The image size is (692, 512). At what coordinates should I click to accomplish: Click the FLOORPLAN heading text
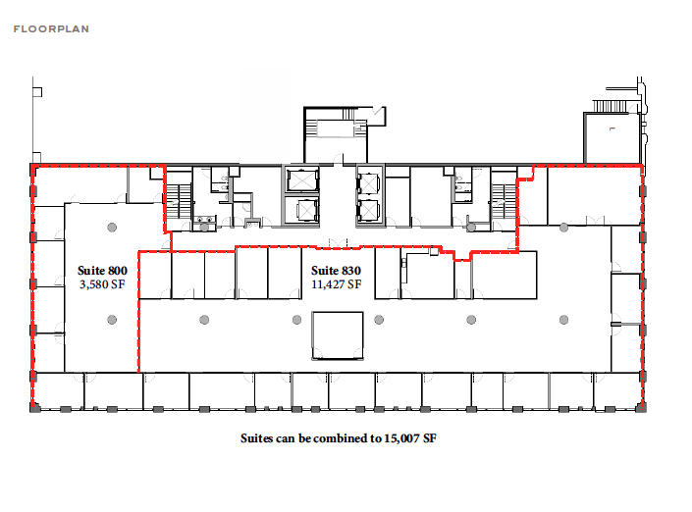pos(51,29)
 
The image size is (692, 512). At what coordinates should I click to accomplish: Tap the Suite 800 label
pos(102,270)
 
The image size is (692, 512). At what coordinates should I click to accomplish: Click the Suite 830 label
pos(337,270)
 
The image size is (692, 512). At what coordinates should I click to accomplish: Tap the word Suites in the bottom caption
pos(258,438)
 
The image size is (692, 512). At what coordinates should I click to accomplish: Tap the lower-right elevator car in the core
pos(368,210)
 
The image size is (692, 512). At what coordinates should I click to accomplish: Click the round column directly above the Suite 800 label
pos(112,228)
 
